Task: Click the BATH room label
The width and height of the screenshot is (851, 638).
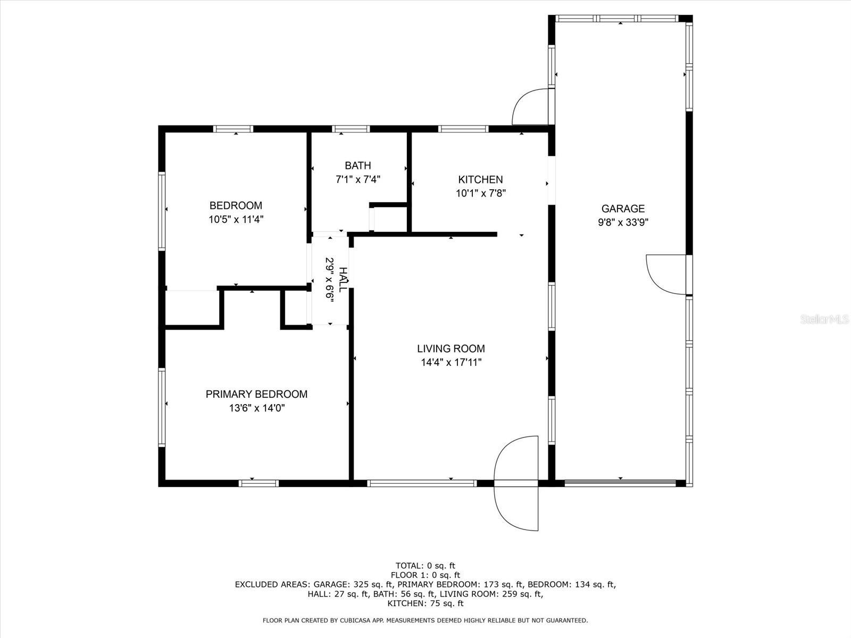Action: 358,165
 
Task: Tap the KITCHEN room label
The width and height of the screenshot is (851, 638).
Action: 480,179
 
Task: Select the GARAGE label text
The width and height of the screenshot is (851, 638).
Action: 623,208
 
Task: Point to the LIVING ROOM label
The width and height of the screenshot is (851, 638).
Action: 451,348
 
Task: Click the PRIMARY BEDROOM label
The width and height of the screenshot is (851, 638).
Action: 256,394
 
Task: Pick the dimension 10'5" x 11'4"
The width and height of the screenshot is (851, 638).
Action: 236,219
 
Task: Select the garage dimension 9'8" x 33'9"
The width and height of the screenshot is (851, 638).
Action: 623,222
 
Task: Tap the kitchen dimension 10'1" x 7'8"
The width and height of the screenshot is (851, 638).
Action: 481,193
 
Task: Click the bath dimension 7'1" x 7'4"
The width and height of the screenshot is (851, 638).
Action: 358,179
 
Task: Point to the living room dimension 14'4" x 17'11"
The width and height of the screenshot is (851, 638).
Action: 451,362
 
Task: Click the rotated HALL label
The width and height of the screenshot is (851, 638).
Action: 343,280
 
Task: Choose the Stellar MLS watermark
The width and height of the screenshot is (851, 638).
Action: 824,319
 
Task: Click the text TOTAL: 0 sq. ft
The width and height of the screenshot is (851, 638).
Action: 425,566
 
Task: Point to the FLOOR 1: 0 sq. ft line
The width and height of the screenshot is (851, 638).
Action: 425,575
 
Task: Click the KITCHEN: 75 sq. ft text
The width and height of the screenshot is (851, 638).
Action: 425,603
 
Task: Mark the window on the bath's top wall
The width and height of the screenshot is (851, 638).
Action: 351,129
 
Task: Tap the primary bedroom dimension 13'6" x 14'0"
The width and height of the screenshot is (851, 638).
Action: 257,408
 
